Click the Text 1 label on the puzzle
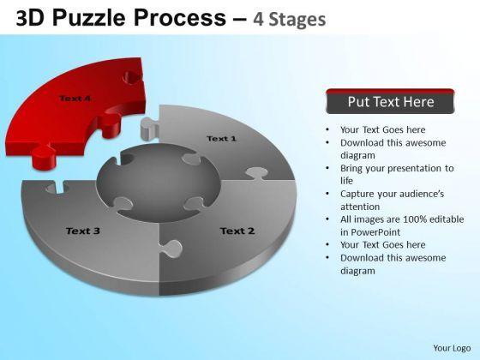[x=222, y=139]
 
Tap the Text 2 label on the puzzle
[x=237, y=231]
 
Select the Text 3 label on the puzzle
[x=83, y=231]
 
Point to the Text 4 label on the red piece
[x=75, y=99]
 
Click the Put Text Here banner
[x=390, y=101]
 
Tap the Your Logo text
[x=452, y=348]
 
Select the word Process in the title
[x=180, y=17]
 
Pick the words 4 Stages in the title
[x=290, y=19]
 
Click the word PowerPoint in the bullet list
[x=375, y=232]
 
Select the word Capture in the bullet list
[x=357, y=194]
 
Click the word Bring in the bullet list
[x=351, y=168]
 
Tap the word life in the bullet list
[x=346, y=181]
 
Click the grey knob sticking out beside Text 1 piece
[x=148, y=129]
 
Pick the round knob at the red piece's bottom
[x=44, y=159]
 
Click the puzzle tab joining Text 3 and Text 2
[x=171, y=249]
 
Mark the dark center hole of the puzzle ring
[x=158, y=182]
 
